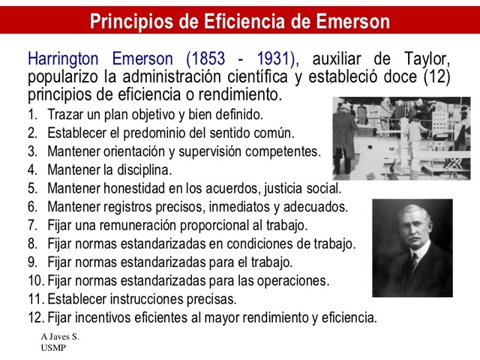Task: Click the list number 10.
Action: pyautogui.click(x=35, y=281)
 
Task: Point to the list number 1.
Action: pyautogui.click(x=32, y=116)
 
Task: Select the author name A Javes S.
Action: pyautogui.click(x=60, y=337)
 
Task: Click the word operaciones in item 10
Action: pyautogui.click(x=291, y=281)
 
